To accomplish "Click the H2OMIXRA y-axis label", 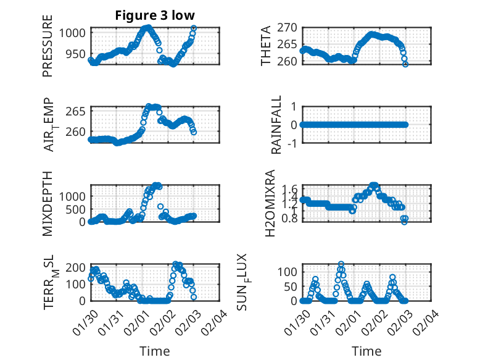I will [270, 204].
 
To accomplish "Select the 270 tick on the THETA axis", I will [288, 27].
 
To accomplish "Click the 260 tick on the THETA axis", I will [288, 61].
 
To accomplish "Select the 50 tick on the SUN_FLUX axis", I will [291, 286].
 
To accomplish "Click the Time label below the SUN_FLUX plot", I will [366, 351].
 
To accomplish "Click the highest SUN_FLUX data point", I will [341, 264].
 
